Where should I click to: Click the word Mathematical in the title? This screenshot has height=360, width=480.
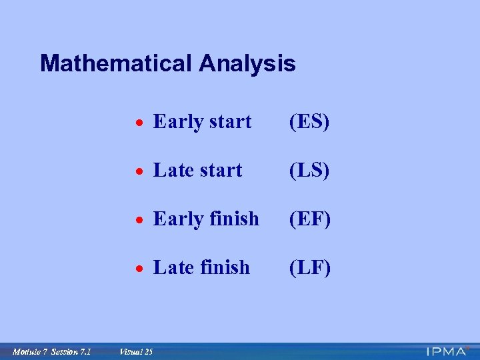(115, 64)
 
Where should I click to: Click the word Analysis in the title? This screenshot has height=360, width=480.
(247, 64)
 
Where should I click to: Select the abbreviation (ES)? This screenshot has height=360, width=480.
(309, 122)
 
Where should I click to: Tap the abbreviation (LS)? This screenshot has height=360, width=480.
(309, 171)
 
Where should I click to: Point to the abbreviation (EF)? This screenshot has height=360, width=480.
(309, 219)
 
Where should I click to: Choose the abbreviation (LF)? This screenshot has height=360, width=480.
(309, 267)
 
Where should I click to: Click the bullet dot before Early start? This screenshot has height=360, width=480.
(137, 123)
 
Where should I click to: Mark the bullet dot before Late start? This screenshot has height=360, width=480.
(137, 172)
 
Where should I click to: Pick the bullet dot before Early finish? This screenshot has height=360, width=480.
(137, 220)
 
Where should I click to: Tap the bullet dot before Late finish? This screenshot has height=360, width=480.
(137, 269)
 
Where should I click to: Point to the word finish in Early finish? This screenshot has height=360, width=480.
(234, 219)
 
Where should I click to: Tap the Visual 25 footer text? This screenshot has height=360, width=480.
(135, 351)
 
